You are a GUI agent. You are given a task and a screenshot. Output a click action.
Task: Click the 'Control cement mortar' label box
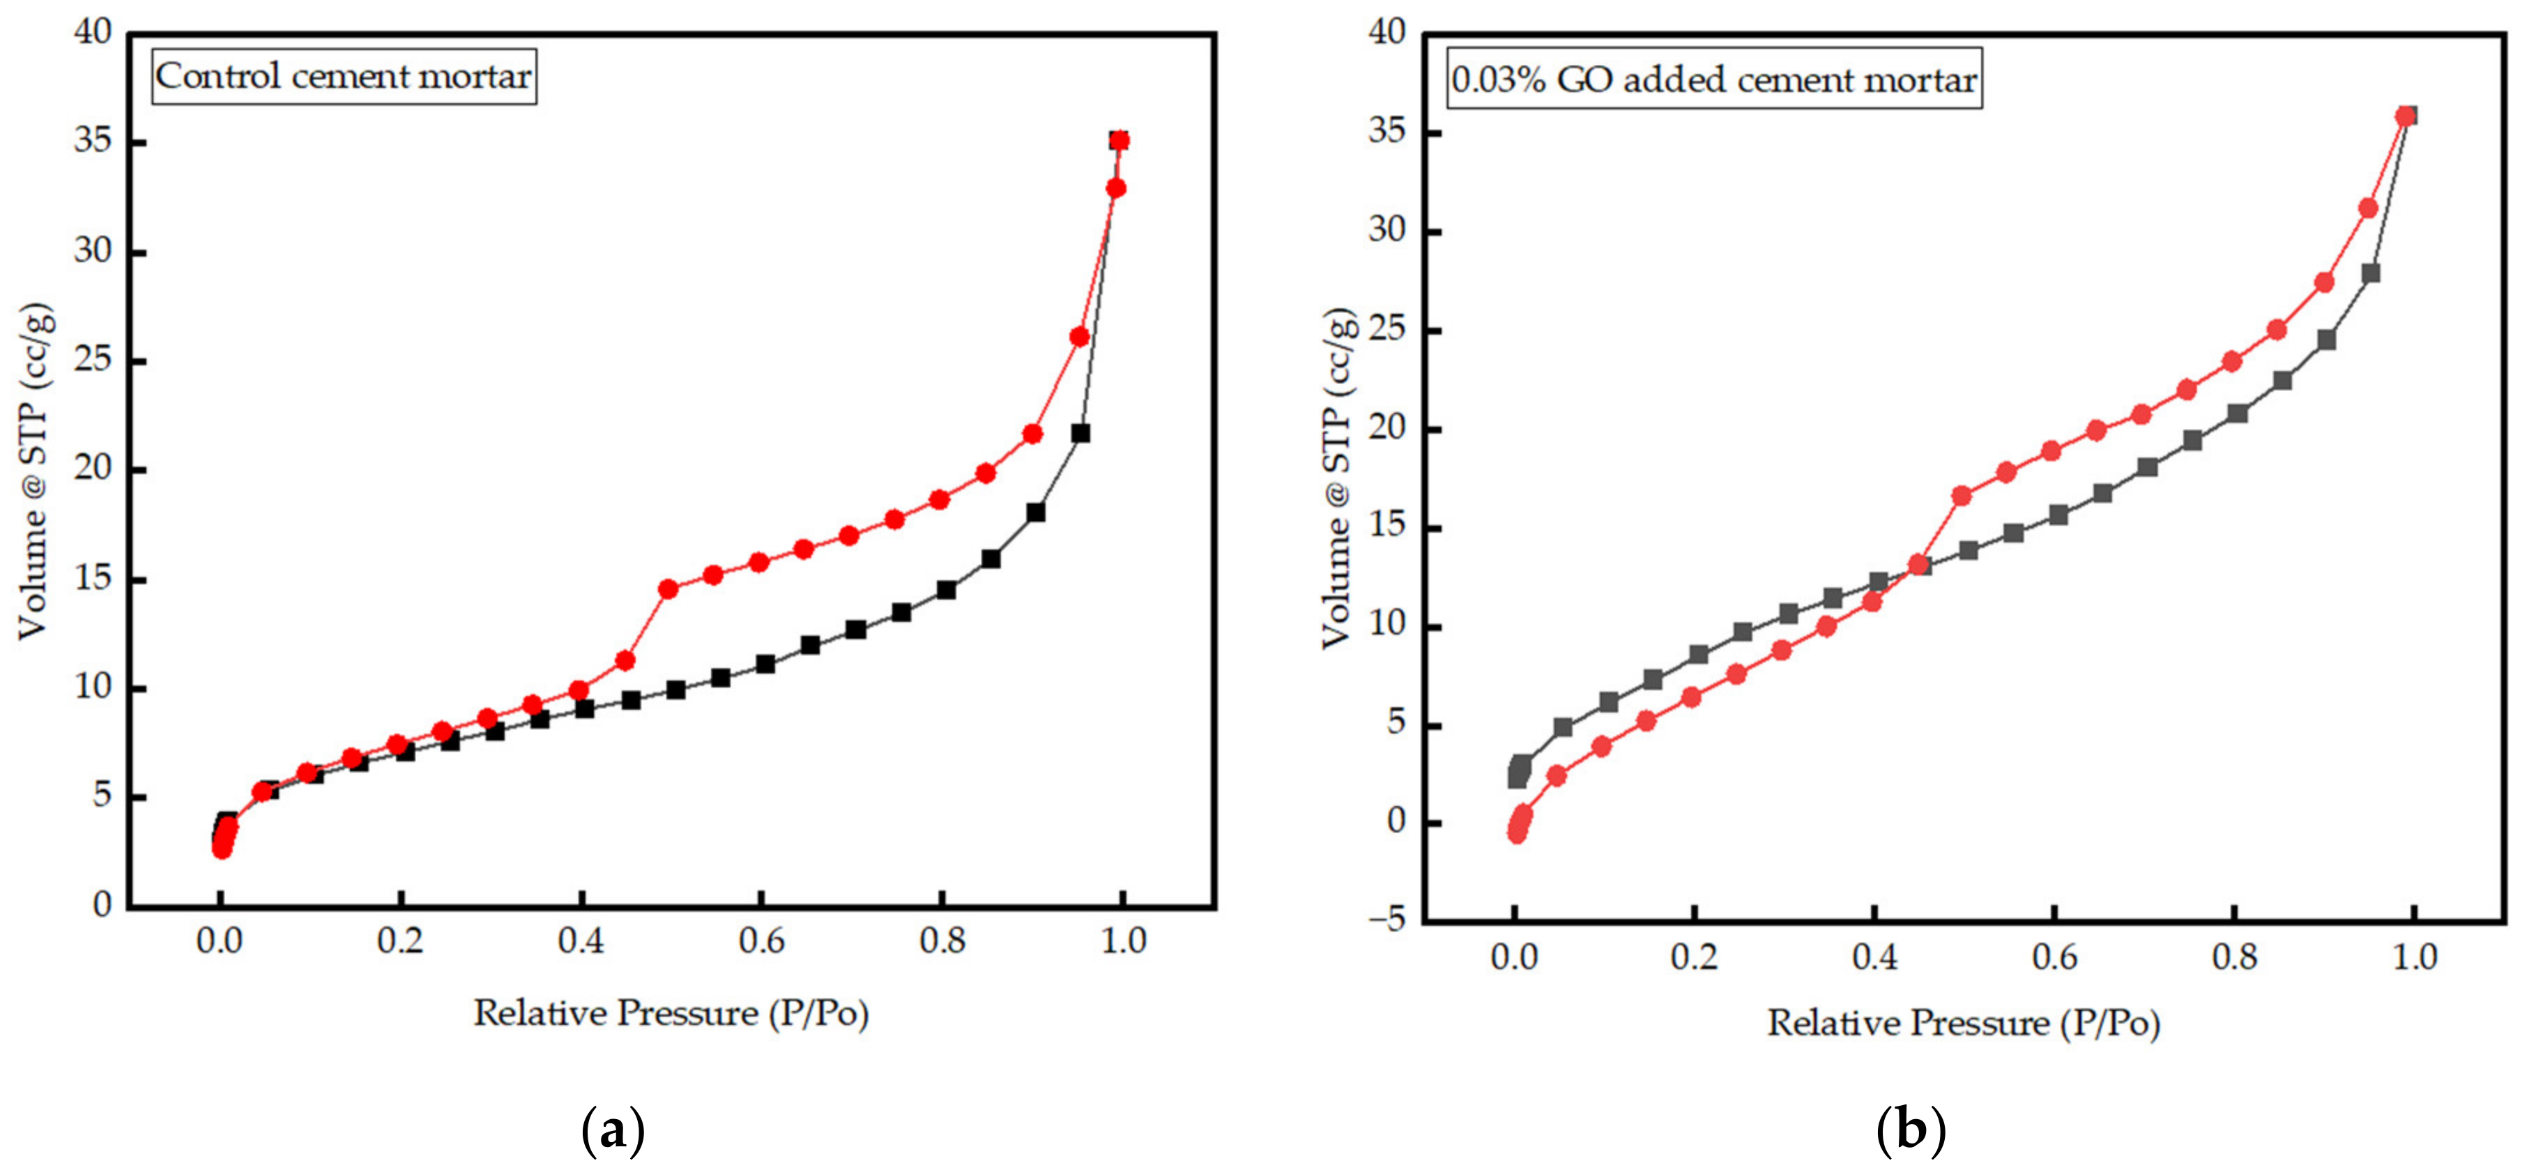pyautogui.click(x=344, y=77)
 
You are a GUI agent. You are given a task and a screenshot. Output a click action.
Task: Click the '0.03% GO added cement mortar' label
pyautogui.click(x=1713, y=79)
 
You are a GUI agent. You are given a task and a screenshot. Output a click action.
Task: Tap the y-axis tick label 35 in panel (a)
pyautogui.click(x=93, y=143)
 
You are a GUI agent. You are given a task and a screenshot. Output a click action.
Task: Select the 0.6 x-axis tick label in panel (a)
pyautogui.click(x=762, y=942)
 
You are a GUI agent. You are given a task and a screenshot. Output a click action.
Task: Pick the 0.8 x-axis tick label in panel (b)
pyautogui.click(x=2234, y=957)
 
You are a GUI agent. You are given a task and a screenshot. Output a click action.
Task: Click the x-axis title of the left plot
pyautogui.click(x=671, y=1013)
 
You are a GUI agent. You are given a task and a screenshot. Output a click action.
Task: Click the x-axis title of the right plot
pyautogui.click(x=1964, y=1023)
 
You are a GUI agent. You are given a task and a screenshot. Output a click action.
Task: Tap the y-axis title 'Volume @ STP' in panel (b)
pyautogui.click(x=1338, y=480)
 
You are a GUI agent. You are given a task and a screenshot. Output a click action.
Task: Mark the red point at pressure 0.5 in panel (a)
pyautogui.click(x=668, y=589)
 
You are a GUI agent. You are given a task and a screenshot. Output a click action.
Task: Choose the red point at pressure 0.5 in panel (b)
pyautogui.click(x=1961, y=496)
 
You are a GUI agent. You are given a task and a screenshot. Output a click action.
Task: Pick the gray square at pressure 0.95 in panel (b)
pyautogui.click(x=2370, y=273)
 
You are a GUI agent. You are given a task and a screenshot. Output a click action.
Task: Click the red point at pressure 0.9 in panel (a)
pyautogui.click(x=1032, y=434)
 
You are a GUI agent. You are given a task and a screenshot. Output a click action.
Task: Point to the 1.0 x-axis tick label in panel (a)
pyautogui.click(x=1123, y=942)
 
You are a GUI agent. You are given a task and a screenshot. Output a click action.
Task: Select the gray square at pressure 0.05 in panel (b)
pyautogui.click(x=1564, y=727)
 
